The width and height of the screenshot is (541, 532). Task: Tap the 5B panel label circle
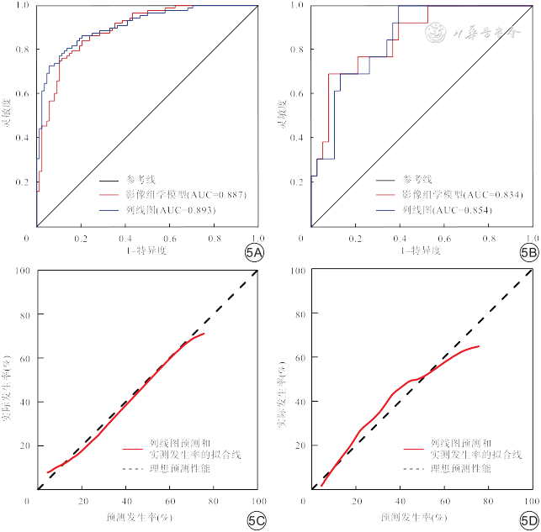pyautogui.click(x=528, y=252)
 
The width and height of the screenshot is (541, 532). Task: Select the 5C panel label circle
pyautogui.click(x=256, y=521)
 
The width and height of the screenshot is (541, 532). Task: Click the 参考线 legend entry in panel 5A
pyautogui.click(x=142, y=179)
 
